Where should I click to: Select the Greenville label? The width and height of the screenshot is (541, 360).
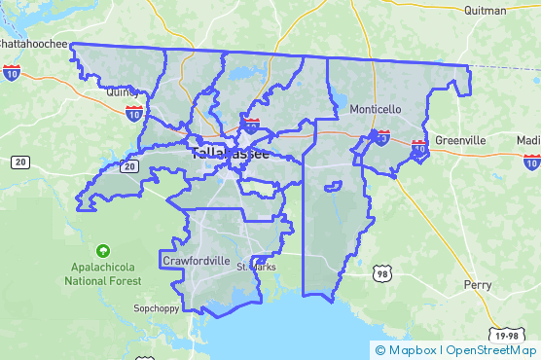460,140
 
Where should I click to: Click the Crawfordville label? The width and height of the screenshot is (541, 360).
197,261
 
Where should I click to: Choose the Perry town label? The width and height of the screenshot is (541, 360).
478,285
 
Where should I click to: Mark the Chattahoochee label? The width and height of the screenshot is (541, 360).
33,44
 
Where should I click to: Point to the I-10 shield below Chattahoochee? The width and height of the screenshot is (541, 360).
12,72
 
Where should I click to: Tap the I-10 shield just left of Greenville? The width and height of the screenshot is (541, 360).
419,149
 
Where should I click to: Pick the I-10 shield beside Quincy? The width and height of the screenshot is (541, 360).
134,113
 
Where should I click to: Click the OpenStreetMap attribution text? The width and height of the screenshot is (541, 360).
491,350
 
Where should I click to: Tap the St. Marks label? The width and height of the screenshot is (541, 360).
256,267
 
